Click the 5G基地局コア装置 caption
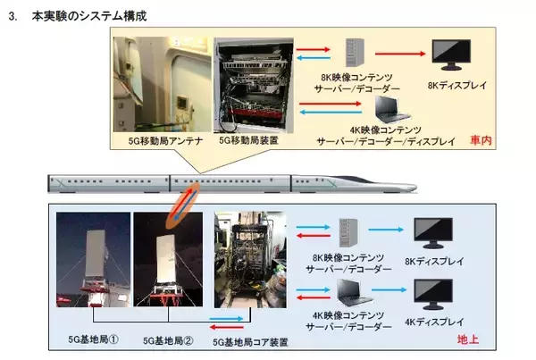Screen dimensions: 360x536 tap(255, 340)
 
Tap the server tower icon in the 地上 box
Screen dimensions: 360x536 tap(350, 230)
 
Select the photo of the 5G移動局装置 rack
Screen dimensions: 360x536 tap(249, 88)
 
